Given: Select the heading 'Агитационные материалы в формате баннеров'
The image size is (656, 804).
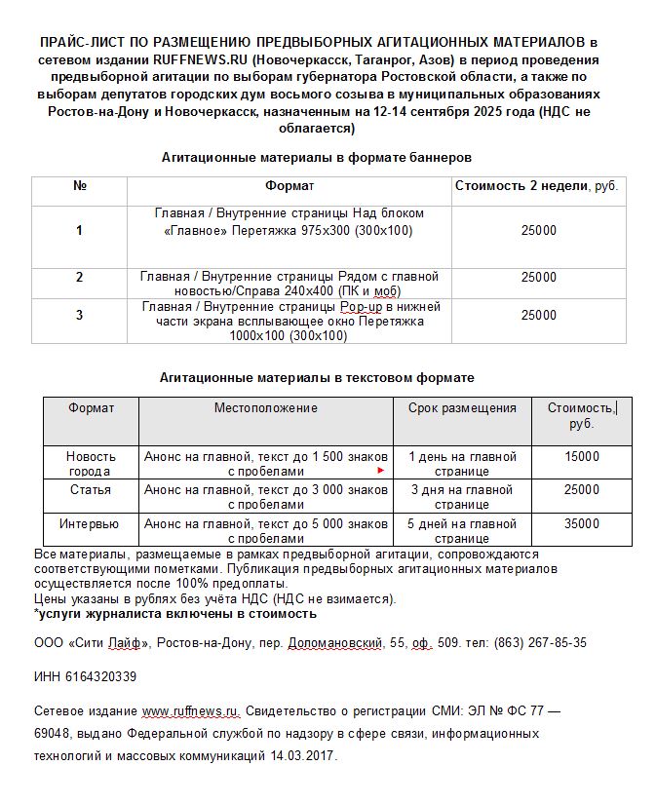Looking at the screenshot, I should (x=317, y=157).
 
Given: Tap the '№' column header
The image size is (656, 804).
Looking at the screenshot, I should (x=80, y=186).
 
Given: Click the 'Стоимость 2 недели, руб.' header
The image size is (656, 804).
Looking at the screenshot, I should (x=536, y=186).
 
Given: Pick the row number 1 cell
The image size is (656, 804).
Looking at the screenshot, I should (x=80, y=231).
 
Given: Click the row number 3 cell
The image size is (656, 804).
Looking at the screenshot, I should (x=80, y=315).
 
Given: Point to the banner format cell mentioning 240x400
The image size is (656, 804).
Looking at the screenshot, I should (x=289, y=284).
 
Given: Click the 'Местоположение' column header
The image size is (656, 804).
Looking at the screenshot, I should (x=266, y=408).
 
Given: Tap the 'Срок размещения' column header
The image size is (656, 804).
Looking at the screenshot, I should (x=462, y=408).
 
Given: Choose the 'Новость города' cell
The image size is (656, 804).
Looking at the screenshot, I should (x=91, y=464).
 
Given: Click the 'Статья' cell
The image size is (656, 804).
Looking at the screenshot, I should (x=91, y=490).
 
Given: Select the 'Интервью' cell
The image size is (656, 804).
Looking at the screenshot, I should (x=90, y=524).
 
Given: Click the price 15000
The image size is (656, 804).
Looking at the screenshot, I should (x=582, y=456).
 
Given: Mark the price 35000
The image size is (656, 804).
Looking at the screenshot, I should (x=582, y=524).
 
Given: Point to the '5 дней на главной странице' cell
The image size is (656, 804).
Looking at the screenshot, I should (x=462, y=531).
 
